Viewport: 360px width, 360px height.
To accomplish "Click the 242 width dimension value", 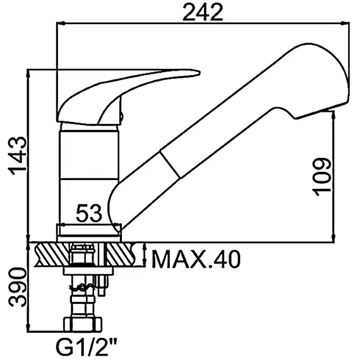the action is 203,12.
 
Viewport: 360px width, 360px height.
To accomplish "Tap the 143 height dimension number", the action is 17,156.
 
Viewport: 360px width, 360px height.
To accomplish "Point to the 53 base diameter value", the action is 88,213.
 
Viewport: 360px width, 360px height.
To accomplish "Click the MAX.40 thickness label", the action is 196,259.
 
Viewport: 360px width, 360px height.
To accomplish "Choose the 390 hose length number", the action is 17,287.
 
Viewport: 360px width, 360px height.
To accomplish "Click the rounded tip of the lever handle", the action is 198,73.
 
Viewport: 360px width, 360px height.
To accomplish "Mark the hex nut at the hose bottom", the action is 83,324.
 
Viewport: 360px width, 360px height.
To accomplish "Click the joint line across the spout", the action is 170,164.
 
